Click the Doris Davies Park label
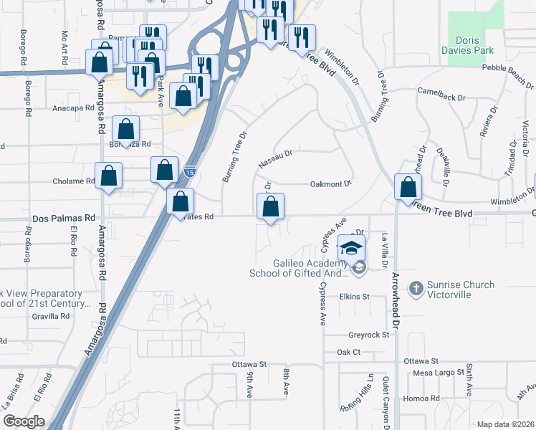point(476,46)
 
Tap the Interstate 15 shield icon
point(188,171)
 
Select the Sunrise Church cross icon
point(415,289)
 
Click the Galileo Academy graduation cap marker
point(352,248)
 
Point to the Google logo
point(23,421)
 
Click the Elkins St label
point(354,296)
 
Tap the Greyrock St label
point(368,335)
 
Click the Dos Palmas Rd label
point(64,218)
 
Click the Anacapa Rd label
point(74,108)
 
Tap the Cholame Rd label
point(74,181)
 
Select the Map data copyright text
point(506,424)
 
